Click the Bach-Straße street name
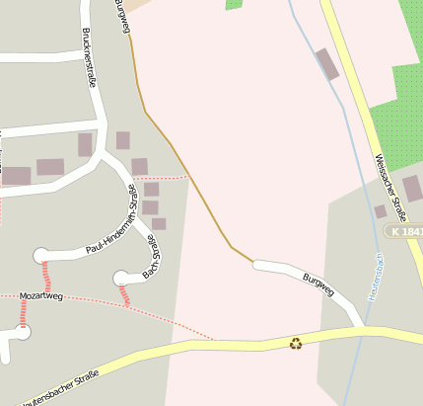[151, 256]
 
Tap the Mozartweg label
[41, 295]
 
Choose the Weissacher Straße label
[390, 187]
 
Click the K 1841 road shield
[404, 230]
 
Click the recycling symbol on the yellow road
[296, 343]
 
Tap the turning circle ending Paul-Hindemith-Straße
[40, 256]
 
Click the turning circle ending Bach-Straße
[121, 278]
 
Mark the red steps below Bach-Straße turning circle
[124, 295]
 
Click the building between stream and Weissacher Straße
[327, 64]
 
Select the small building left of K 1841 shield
[380, 211]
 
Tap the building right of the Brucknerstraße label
[123, 140]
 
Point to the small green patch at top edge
[234, 4]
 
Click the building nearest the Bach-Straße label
[159, 224]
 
